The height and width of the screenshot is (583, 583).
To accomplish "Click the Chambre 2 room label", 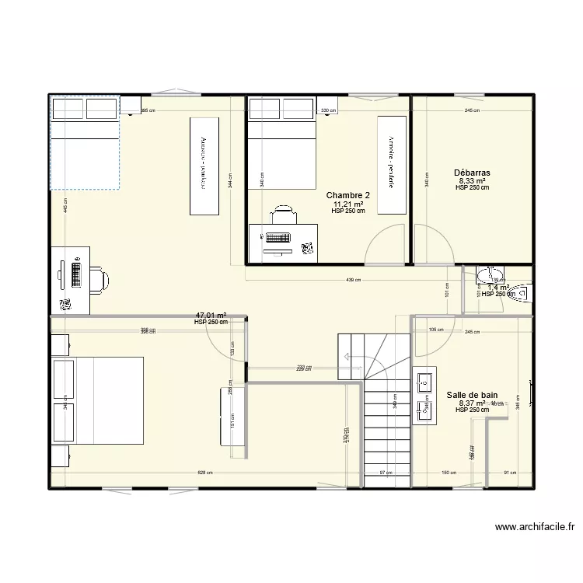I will pyautogui.click(x=347, y=195).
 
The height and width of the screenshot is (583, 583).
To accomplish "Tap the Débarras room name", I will pyautogui.click(x=472, y=173).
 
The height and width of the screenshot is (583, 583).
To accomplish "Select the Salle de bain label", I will pyautogui.click(x=472, y=395).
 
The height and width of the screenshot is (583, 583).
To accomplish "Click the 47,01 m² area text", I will pyautogui.click(x=211, y=316).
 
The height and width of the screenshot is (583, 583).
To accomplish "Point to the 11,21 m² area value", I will pyautogui.click(x=347, y=204).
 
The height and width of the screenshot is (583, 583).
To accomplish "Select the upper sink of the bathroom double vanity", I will pyautogui.click(x=425, y=381).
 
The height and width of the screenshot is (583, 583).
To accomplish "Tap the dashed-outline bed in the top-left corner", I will pyautogui.click(x=85, y=143).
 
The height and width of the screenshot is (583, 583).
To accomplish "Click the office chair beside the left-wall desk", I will pyautogui.click(x=99, y=278).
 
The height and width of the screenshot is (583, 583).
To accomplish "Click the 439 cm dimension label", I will pyautogui.click(x=354, y=281).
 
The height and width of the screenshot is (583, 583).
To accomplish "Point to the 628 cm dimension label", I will pyautogui.click(x=205, y=473).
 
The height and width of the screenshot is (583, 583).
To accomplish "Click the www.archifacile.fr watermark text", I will pyautogui.click(x=535, y=527).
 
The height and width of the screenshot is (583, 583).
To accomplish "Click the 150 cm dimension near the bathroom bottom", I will pyautogui.click(x=449, y=473).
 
